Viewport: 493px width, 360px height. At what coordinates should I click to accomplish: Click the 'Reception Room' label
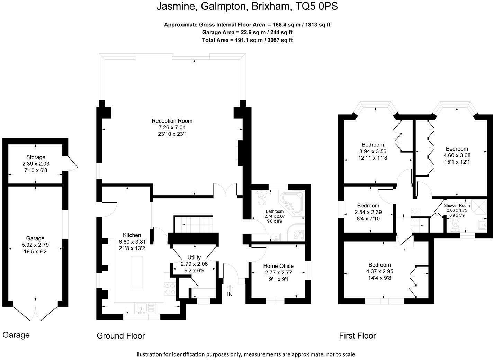coord(172,121)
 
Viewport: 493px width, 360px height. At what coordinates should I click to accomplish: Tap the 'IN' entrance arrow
coord(230,290)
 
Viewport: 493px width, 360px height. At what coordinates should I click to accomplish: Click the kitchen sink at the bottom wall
coord(142,307)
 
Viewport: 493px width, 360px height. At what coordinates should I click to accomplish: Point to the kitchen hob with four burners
coord(170,288)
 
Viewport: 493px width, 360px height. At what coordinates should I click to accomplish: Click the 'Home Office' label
coord(278,266)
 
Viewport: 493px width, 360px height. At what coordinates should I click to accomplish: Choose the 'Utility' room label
coord(194,258)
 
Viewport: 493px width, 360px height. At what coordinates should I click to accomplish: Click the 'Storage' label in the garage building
coord(36,157)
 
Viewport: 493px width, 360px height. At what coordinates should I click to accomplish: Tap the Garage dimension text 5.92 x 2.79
coord(35,245)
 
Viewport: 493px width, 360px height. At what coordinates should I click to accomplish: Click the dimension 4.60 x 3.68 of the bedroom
coord(457,155)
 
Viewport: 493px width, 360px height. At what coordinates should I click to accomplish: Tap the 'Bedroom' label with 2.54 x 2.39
coord(368,205)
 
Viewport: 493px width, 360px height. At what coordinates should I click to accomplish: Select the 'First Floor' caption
coord(357,335)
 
